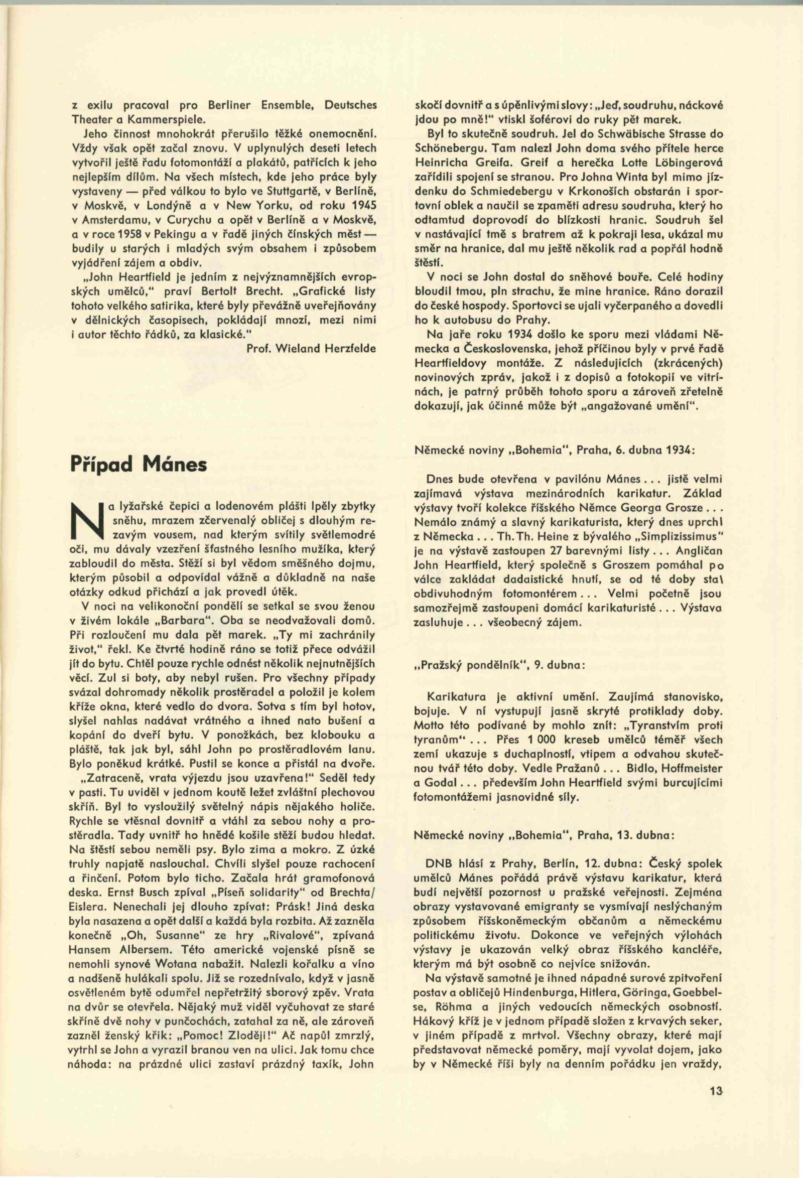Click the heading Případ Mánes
[139, 464]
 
